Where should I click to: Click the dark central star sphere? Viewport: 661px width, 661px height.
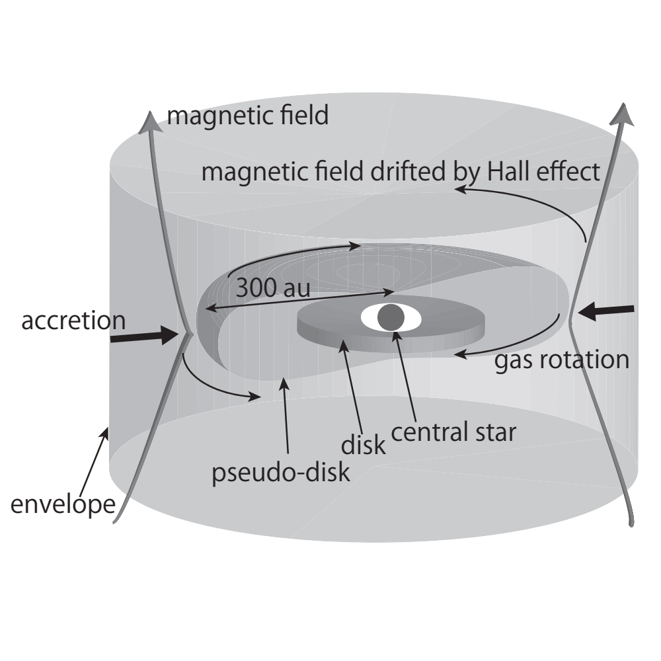(391, 318)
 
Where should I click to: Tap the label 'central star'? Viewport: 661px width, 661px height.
(453, 432)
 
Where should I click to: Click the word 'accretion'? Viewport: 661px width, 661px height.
(73, 321)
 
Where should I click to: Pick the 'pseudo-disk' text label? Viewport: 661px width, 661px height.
(280, 473)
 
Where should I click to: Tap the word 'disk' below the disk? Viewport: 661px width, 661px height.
(363, 445)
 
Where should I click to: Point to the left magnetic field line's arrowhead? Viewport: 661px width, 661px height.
(151, 120)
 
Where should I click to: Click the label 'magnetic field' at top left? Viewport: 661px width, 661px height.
(247, 116)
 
